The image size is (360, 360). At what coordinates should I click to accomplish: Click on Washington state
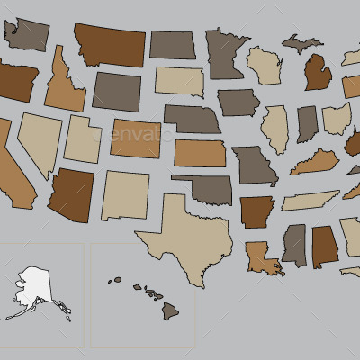pos(27,35)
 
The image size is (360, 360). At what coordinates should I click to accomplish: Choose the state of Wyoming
pos(116,90)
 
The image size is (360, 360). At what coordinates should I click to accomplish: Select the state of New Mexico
pos(124,194)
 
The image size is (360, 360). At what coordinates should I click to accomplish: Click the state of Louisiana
pos(262,256)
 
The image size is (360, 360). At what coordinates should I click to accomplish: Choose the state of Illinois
pos(274,130)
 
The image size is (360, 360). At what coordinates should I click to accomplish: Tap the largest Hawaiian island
pos(170,310)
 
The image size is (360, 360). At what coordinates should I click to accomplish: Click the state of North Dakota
pos(172,44)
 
